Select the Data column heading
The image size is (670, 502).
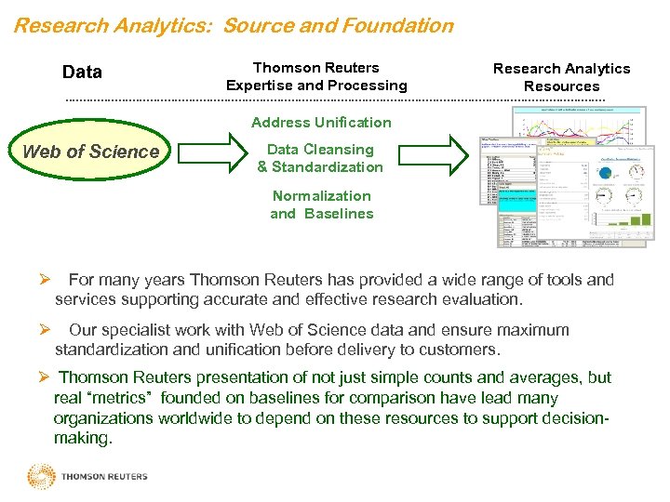click(82, 72)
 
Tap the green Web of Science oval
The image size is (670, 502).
click(90, 152)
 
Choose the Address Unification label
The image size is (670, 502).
click(321, 122)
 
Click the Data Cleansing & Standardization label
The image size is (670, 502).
click(320, 158)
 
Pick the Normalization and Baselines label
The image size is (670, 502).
click(321, 205)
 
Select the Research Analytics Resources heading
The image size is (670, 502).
click(561, 77)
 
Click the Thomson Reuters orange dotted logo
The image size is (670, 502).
click(42, 477)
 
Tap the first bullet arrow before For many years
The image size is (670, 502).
click(44, 279)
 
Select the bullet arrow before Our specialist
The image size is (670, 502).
click(44, 330)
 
